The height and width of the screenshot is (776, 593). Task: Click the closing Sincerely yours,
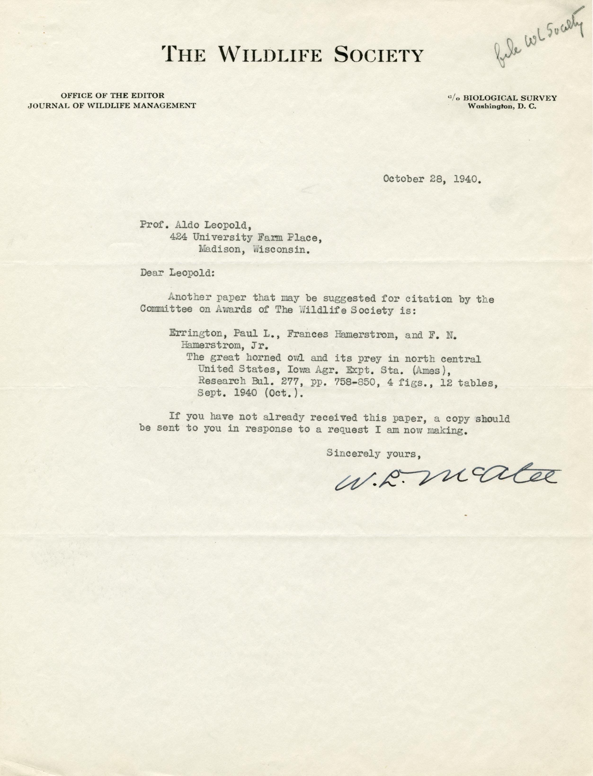[374, 454]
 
